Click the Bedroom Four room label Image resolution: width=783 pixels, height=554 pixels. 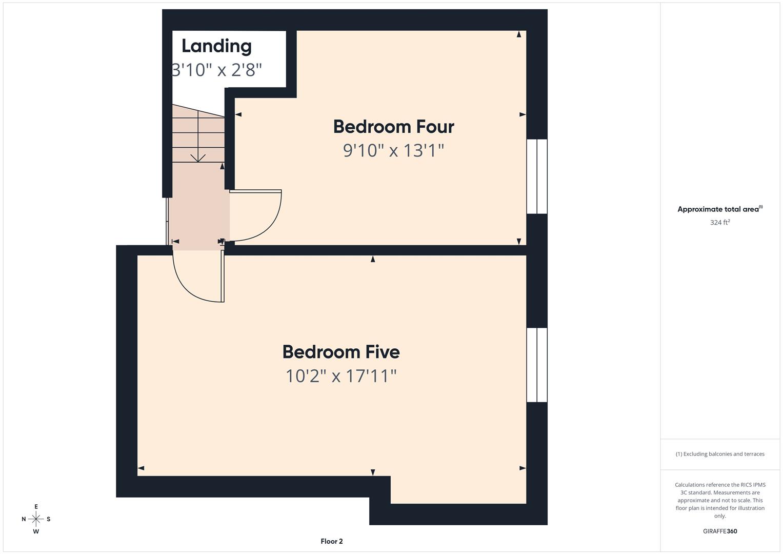(x=393, y=127)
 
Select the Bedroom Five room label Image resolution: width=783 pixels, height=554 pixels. (x=341, y=352)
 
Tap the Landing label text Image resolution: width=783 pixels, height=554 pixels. (x=216, y=46)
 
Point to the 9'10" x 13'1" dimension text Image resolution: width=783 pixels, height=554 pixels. (x=393, y=150)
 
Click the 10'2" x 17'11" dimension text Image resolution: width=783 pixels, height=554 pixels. (x=341, y=376)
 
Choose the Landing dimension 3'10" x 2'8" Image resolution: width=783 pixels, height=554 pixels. (x=217, y=70)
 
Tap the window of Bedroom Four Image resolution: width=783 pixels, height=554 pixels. (x=537, y=176)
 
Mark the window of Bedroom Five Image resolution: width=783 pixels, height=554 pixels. (x=537, y=365)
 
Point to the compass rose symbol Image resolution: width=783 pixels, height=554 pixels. (x=36, y=519)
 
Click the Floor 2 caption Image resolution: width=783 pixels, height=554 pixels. (x=332, y=541)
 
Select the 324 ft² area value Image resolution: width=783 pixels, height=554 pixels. (x=720, y=222)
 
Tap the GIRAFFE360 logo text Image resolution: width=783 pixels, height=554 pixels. (x=720, y=531)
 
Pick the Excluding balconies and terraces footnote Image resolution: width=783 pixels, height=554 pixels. (x=720, y=454)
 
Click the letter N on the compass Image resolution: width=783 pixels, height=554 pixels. (x=24, y=519)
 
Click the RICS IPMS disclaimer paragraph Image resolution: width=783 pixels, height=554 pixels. (x=720, y=500)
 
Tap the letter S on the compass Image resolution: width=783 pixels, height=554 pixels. (x=49, y=519)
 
